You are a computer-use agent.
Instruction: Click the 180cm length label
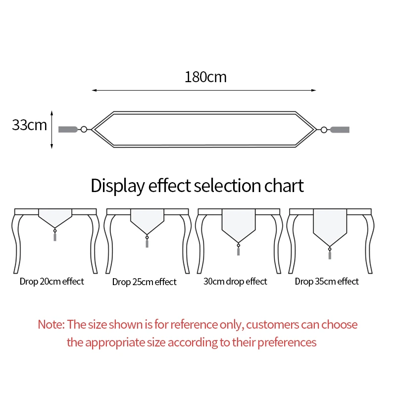(205, 77)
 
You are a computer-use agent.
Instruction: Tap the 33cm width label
(29, 125)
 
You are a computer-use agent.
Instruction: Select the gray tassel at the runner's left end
(68, 129)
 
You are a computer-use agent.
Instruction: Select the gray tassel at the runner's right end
(340, 130)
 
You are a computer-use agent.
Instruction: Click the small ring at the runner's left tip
(84, 129)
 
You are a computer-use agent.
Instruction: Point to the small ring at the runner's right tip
(324, 130)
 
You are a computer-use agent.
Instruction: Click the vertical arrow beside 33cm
(52, 129)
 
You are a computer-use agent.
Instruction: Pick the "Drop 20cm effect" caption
(52, 282)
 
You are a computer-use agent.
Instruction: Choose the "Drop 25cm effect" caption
(144, 282)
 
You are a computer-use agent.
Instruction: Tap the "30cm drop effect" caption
(235, 282)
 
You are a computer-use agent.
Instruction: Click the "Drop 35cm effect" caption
(327, 282)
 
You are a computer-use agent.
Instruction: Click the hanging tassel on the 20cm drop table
(55, 236)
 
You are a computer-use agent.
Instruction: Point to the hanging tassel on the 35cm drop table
(330, 254)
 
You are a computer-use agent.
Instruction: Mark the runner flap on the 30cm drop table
(238, 225)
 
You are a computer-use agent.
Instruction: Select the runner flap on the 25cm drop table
(147, 221)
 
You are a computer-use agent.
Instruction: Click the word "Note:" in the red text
(51, 325)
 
